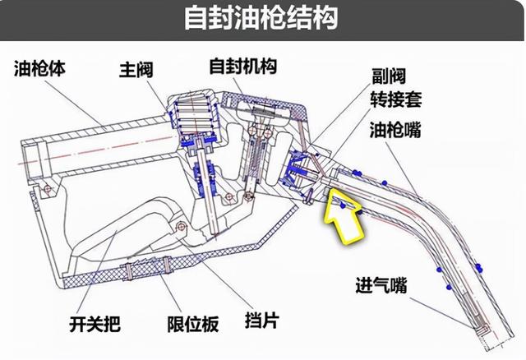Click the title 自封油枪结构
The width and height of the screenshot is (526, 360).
coord(261,17)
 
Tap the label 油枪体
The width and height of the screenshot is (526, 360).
coord(39,69)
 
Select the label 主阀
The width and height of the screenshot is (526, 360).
coord(136,70)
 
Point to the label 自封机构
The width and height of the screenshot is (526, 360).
coord(243,66)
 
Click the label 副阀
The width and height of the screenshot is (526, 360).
coord(389,76)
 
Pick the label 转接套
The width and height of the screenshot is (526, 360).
coord(396,99)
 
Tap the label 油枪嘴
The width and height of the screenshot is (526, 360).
coord(395,130)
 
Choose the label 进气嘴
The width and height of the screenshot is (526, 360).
coord(381,285)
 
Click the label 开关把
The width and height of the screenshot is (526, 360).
coord(95,324)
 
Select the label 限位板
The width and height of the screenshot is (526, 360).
coord(193,324)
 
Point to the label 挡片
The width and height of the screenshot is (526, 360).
coord(262,320)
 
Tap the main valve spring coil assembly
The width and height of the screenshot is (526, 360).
coord(194,114)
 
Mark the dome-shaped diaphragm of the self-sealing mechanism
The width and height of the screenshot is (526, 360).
coord(263,109)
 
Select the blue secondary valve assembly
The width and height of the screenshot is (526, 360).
coord(296,168)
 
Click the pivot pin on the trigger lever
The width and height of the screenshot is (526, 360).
coord(182,227)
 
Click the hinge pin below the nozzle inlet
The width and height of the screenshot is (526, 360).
coord(47,188)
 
